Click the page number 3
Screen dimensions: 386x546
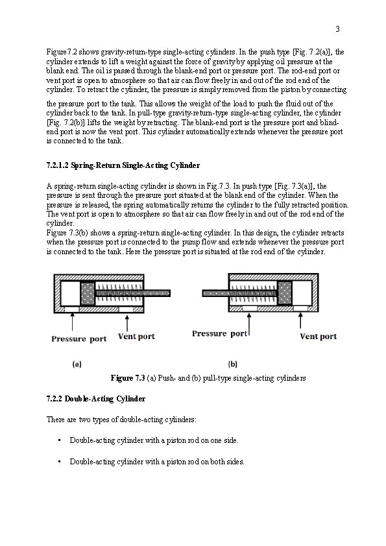point(337,29)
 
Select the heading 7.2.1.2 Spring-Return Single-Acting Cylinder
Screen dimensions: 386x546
point(123,165)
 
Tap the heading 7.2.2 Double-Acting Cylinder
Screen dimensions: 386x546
point(96,399)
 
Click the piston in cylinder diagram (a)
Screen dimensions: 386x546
point(88,294)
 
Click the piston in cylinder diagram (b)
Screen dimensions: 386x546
point(285,294)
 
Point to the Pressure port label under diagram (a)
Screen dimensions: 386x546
point(78,338)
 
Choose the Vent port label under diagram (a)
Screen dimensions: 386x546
point(136,337)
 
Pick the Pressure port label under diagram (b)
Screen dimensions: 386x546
point(219,333)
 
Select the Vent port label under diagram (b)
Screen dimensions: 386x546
point(319,337)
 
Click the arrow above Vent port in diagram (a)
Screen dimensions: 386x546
point(127,323)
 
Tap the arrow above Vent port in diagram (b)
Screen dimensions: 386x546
point(300,320)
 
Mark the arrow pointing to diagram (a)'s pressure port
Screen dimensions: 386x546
point(72,322)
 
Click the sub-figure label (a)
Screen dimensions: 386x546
point(77,364)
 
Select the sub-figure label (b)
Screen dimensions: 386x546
point(233,364)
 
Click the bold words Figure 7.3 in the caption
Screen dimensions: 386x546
point(128,378)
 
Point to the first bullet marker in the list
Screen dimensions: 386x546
point(60,440)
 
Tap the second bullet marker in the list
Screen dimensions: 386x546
point(60,462)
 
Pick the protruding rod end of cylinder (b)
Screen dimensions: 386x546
point(204,293)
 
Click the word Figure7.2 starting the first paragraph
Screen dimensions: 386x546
point(62,53)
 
